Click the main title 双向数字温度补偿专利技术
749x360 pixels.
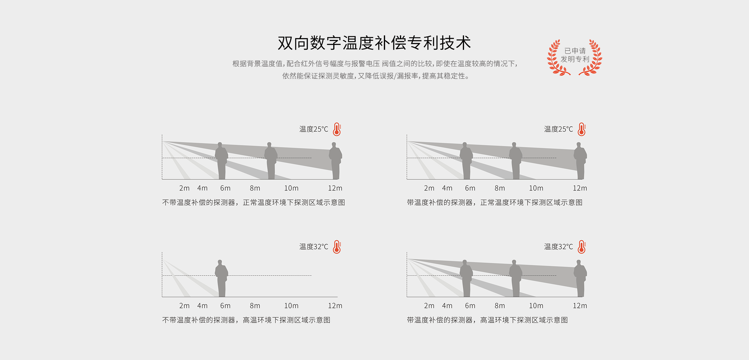[x=374, y=43]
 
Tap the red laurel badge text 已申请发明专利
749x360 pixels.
[x=575, y=55]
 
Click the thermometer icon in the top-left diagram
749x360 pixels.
[x=337, y=129]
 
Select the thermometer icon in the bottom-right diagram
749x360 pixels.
[x=582, y=247]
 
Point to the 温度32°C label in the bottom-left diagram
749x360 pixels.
[x=314, y=247]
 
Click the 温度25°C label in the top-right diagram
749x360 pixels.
[x=559, y=129]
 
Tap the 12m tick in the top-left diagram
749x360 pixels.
[x=335, y=188]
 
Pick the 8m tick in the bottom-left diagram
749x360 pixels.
[x=255, y=306]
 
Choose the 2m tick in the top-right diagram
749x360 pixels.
[x=429, y=188]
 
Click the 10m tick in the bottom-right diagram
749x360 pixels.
[x=536, y=306]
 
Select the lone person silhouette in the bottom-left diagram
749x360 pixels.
[x=221, y=278]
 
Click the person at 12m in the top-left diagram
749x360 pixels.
[x=336, y=161]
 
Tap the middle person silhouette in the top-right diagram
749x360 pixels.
[x=516, y=161]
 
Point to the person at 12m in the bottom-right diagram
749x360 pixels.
[x=580, y=278]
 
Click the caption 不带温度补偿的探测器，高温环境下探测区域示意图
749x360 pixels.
[x=246, y=320]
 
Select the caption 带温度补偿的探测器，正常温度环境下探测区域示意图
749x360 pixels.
[x=495, y=203]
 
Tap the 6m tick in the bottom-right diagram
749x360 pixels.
[x=470, y=306]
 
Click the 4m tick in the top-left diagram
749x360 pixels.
[x=202, y=188]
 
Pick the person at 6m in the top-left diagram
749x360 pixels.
[x=221, y=161]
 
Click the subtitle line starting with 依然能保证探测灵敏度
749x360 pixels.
[x=376, y=76]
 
